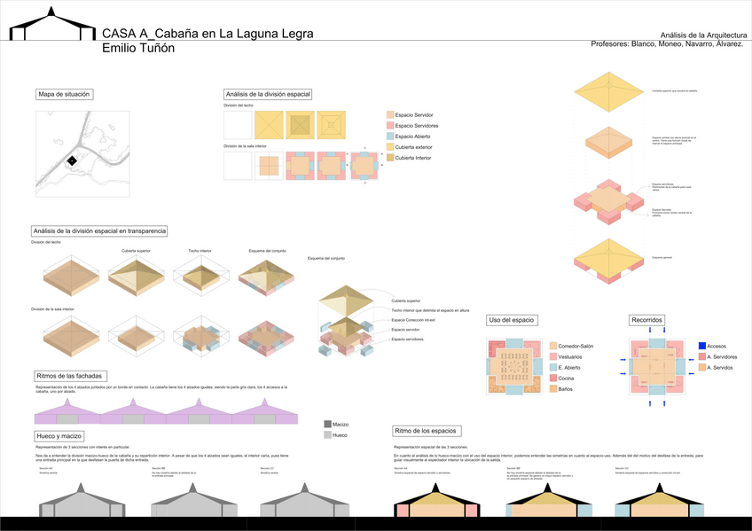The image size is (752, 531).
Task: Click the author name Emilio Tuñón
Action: click(151, 48)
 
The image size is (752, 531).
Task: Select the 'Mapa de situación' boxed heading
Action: click(65, 94)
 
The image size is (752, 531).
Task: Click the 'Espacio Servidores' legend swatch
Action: click(391, 126)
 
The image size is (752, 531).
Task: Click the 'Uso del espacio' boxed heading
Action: click(513, 319)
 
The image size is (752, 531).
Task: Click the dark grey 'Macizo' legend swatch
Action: click(327, 425)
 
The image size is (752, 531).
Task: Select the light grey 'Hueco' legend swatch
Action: click(327, 435)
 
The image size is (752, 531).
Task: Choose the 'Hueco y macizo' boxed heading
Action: click(59, 436)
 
